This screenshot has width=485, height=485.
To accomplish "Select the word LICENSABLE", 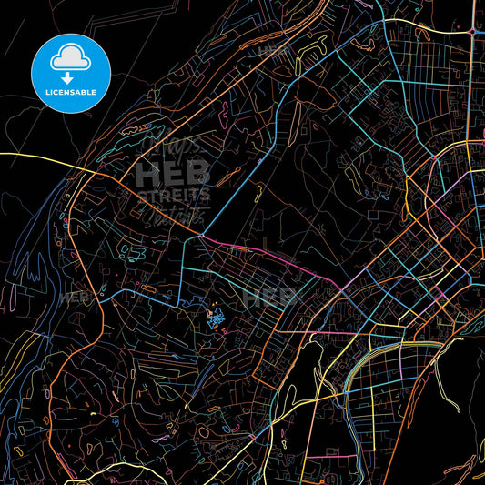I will (x=71, y=92).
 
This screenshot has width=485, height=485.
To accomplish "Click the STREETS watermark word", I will (x=173, y=194).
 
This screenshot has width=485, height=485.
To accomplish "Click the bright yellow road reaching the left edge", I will (x=27, y=157).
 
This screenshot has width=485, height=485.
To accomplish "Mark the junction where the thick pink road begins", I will (x=200, y=237).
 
